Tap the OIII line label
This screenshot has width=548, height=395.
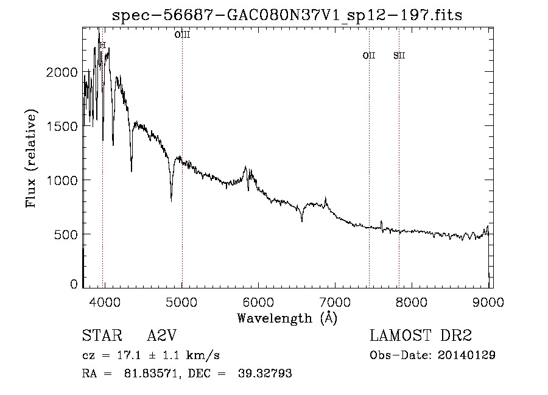[182, 35]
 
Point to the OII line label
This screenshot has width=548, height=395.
[369, 55]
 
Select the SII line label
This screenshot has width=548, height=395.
[399, 55]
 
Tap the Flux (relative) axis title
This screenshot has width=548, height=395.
[30, 158]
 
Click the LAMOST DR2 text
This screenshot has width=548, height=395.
[421, 336]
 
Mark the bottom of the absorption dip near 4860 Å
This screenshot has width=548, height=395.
[171, 199]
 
